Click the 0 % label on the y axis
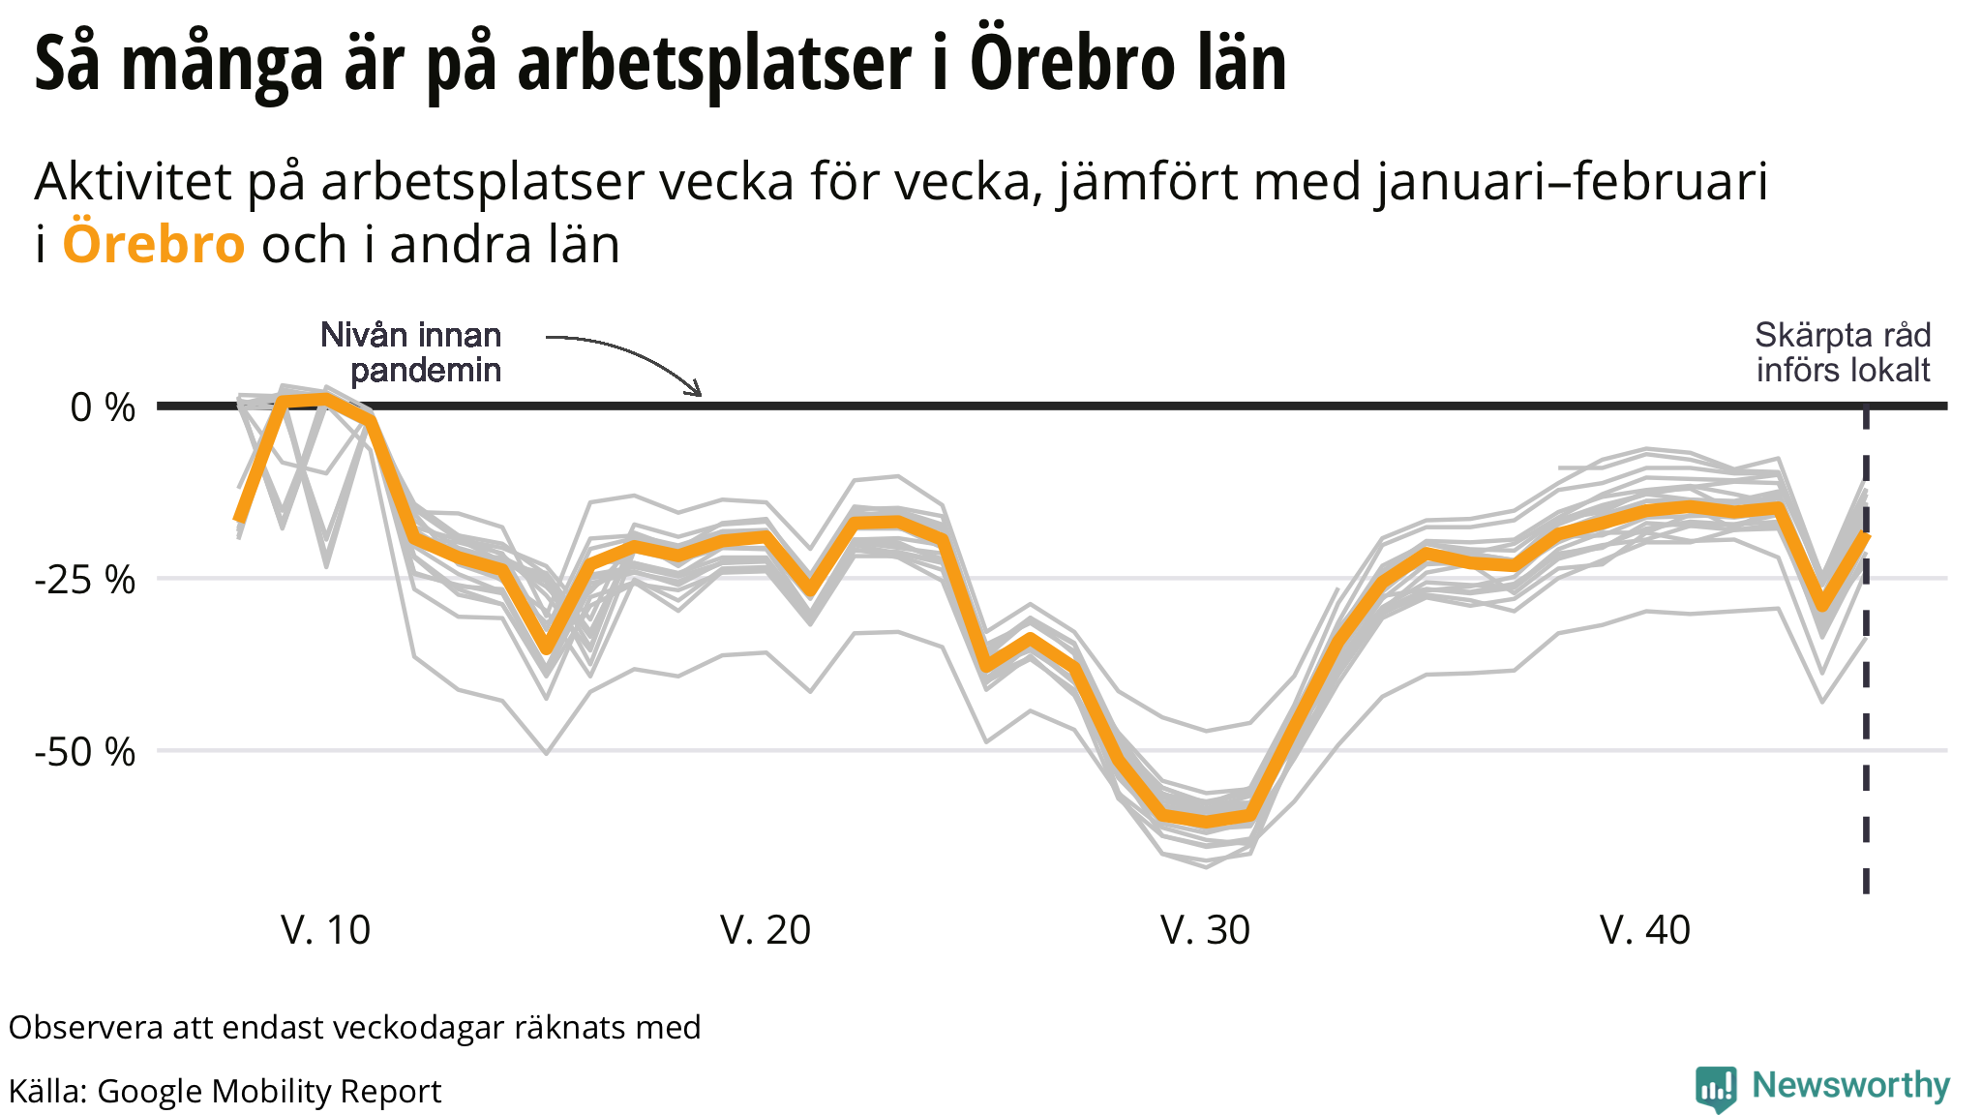coord(102,407)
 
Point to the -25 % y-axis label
coord(85,580)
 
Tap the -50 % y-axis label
coord(85,752)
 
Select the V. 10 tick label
coord(325,930)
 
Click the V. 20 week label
coord(766,930)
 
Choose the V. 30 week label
coord(1205,930)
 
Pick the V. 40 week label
coord(1645,930)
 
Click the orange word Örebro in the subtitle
coord(153,244)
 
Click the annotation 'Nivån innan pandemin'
coord(412,352)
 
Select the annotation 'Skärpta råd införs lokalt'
coord(1843,352)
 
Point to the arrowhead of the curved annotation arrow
coord(697,392)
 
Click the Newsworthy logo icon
coord(1716,1089)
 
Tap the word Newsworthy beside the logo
coord(1850,1086)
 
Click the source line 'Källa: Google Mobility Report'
coord(225,1091)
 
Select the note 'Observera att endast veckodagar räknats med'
coord(354,1027)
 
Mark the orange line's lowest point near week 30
coord(1206,823)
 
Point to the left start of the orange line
coord(238,521)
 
